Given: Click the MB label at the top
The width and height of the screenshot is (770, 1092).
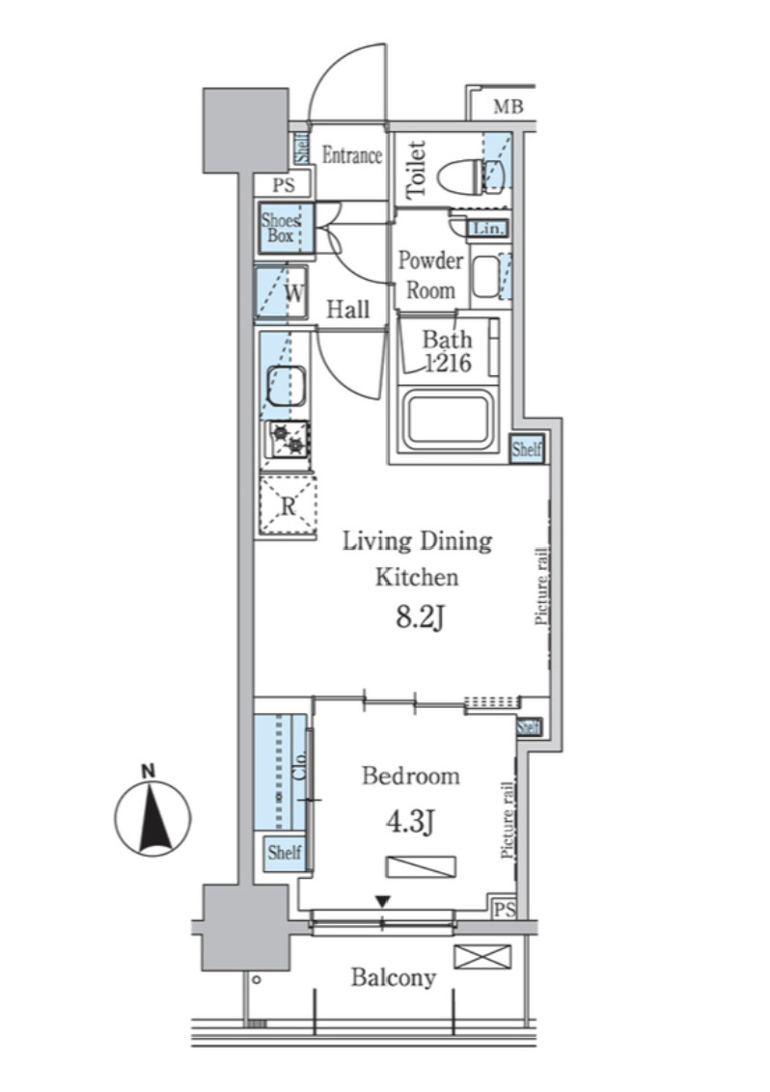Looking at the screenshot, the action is (x=508, y=106).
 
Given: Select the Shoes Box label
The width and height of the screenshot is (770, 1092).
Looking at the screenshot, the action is (x=281, y=228).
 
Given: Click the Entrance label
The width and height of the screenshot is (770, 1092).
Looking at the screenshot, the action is (x=352, y=154).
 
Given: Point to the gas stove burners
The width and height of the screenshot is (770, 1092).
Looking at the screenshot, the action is (x=288, y=440).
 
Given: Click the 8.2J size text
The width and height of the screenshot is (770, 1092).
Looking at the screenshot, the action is (x=420, y=617).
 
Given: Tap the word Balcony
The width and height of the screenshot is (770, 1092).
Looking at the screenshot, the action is (x=393, y=978).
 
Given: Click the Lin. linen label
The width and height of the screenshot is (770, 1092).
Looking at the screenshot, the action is (x=488, y=229).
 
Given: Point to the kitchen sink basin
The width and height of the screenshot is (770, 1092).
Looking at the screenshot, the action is (x=287, y=386).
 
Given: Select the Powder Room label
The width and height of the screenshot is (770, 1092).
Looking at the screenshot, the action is (x=430, y=275).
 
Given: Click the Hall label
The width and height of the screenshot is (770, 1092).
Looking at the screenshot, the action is (x=347, y=310).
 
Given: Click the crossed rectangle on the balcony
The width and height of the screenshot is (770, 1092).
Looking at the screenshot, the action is (x=482, y=956).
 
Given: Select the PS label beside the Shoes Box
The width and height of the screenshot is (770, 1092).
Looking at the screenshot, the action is (x=284, y=185).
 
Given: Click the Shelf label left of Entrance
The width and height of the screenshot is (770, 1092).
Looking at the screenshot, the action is (x=302, y=148).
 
